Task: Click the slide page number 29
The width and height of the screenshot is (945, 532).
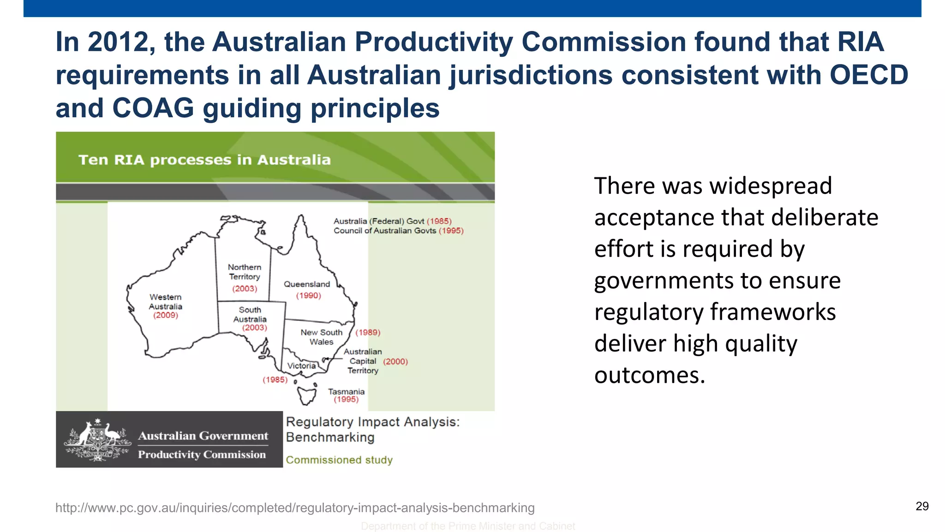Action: [x=922, y=506]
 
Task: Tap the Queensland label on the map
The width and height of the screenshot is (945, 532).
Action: [x=307, y=284]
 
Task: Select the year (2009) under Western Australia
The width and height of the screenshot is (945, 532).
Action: [x=166, y=315]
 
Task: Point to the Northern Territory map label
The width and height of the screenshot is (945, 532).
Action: [x=245, y=272]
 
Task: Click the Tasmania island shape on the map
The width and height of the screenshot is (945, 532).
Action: [x=306, y=395]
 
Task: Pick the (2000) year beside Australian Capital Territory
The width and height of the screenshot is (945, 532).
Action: [x=395, y=362]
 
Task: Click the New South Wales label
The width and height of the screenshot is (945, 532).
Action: [x=322, y=337]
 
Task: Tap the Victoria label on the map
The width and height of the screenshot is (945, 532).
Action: [x=302, y=366]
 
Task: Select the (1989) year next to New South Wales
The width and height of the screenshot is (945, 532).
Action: [x=368, y=332]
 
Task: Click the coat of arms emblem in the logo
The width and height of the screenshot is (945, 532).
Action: [x=97, y=440]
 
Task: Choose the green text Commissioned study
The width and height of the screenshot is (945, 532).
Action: [x=339, y=460]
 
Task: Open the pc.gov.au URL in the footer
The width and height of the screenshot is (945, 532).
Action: [x=295, y=508]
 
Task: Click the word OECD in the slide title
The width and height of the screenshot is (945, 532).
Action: [x=869, y=75]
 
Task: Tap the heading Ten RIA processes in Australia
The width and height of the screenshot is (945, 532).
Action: [x=204, y=160]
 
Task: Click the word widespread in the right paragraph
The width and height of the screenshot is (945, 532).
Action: [x=771, y=186]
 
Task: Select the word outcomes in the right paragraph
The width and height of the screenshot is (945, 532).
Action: [x=650, y=375]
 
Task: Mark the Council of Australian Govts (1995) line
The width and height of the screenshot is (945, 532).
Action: [x=398, y=230]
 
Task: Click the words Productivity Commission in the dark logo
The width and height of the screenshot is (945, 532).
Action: [x=202, y=454]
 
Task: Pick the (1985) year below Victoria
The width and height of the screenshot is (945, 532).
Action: [x=275, y=380]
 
